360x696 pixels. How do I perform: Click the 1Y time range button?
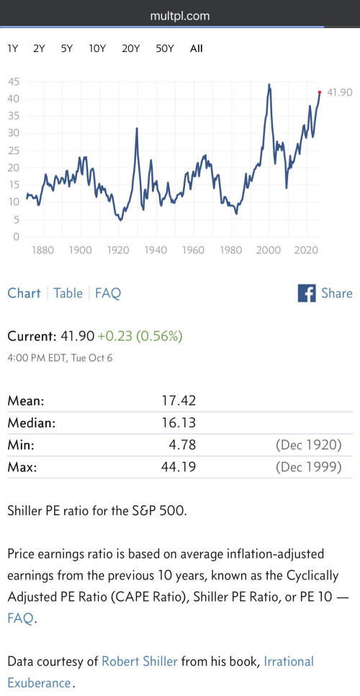pos(12,49)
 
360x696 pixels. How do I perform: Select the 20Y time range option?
pos(130,49)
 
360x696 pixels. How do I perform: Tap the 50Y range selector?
pos(164,49)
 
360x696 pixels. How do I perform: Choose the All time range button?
pos(196,49)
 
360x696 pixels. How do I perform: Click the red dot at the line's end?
pos(320,92)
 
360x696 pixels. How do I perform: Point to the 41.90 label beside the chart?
pos(339,92)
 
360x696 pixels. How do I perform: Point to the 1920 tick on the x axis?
pos(117,250)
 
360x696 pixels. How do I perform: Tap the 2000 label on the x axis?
pos(269,250)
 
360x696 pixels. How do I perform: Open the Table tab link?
pos(68,293)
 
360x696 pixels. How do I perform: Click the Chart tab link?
pos(24,293)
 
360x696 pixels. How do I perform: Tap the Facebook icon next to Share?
pos(307,293)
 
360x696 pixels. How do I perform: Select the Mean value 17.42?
pos(179,401)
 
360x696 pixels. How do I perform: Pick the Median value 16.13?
pos(179,422)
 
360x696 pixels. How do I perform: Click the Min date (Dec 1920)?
pos(308,445)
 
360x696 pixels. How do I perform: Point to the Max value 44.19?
pos(179,467)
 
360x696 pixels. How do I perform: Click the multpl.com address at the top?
pos(179,17)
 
